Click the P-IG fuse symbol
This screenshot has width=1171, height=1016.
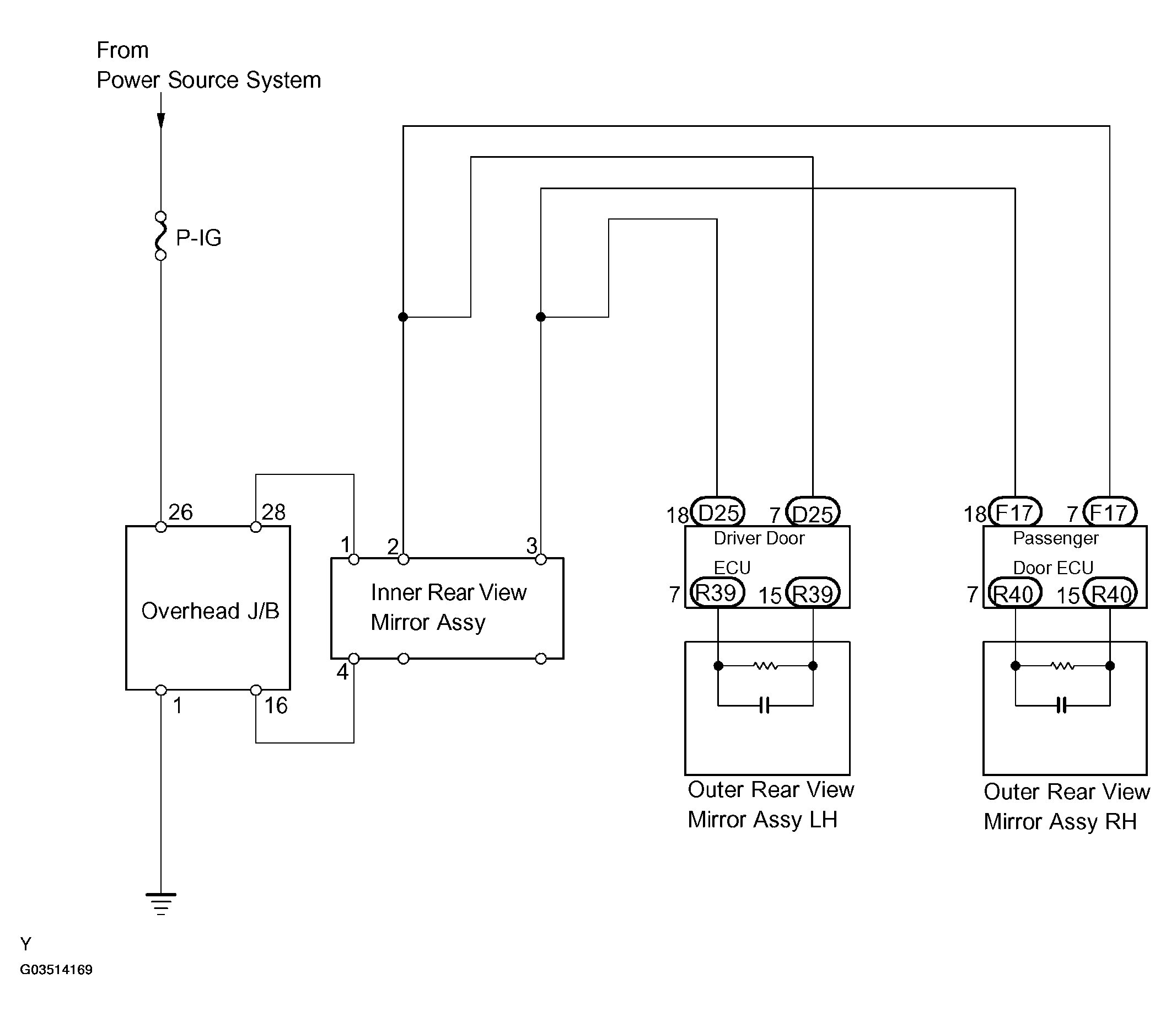(x=161, y=236)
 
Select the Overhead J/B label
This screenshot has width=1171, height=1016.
(x=210, y=611)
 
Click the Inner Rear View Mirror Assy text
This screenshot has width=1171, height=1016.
(x=448, y=607)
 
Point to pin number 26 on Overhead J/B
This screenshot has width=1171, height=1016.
(x=181, y=512)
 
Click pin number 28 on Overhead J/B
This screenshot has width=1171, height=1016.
(x=273, y=512)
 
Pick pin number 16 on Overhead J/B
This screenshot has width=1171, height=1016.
(x=276, y=706)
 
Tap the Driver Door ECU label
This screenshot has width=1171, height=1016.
(x=759, y=553)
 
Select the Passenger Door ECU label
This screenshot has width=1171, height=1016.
(x=1055, y=553)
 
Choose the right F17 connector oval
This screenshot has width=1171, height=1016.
(x=1109, y=512)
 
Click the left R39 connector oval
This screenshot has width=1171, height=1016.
(x=718, y=593)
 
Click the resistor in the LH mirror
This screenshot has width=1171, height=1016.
(x=766, y=666)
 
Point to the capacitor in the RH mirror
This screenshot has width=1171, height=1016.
(x=1062, y=705)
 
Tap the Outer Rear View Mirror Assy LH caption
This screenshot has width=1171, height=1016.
(x=770, y=805)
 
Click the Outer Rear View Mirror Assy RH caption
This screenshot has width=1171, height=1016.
(x=1066, y=806)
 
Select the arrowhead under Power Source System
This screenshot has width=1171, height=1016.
(x=161, y=120)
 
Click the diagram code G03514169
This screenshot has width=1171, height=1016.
(x=56, y=970)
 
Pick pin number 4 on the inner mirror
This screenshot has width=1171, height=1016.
(x=342, y=672)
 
